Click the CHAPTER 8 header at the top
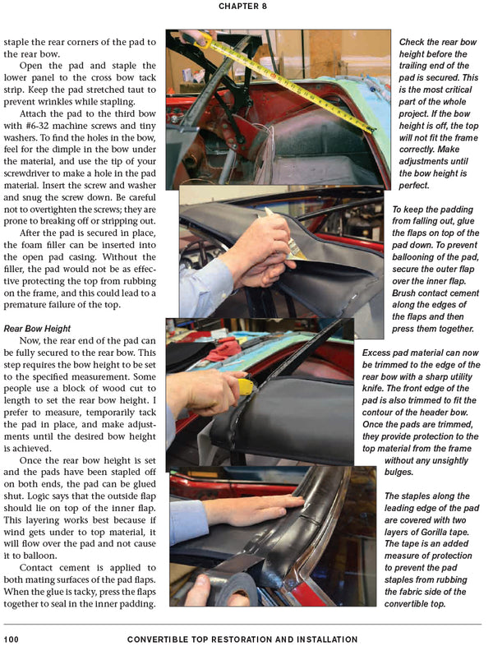(246, 7)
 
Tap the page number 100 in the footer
(12, 639)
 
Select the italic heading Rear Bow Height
(38, 328)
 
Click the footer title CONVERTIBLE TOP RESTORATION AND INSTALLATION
(242, 639)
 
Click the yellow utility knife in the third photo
(244, 385)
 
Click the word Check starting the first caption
(415, 41)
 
